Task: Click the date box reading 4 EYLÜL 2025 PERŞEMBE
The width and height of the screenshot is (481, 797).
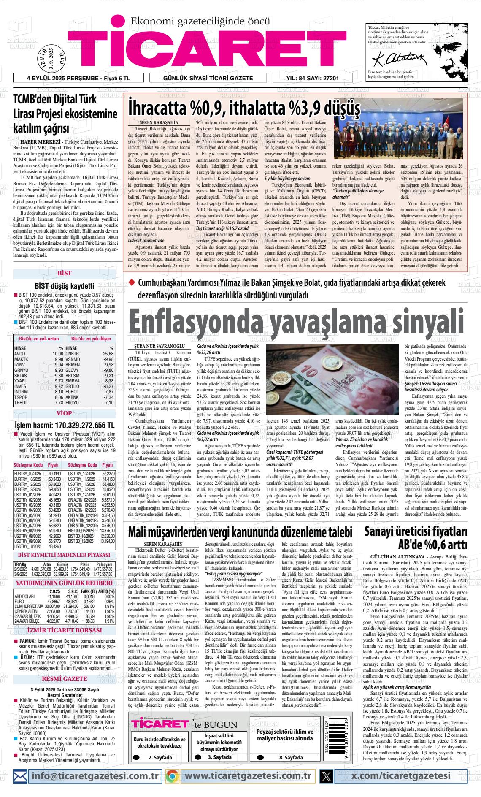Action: tap(78, 79)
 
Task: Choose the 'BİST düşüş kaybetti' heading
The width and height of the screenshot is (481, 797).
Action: tap(64, 285)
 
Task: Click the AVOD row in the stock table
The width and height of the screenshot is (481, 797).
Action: tap(20, 354)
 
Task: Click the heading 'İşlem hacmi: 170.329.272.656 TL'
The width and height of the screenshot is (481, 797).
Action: tap(64, 425)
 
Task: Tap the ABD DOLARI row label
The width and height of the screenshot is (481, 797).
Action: tap(24, 596)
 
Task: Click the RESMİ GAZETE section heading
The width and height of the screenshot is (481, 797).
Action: tap(64, 679)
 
